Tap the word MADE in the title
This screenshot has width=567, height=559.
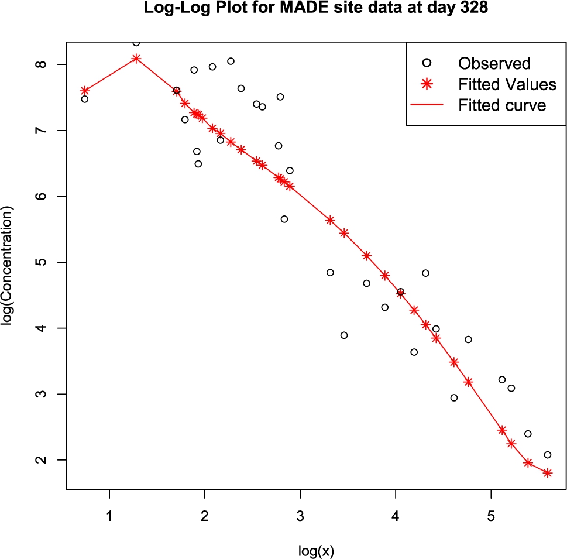262,9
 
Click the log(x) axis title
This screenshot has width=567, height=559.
316,550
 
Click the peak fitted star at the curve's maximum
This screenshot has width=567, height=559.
136,58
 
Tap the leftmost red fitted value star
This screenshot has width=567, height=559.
85,90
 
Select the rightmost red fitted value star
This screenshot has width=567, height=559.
547,473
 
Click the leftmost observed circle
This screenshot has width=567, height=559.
85,99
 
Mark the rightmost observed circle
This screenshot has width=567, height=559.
547,455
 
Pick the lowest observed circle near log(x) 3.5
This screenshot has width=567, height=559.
344,335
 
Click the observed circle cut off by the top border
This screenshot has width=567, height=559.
136,43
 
